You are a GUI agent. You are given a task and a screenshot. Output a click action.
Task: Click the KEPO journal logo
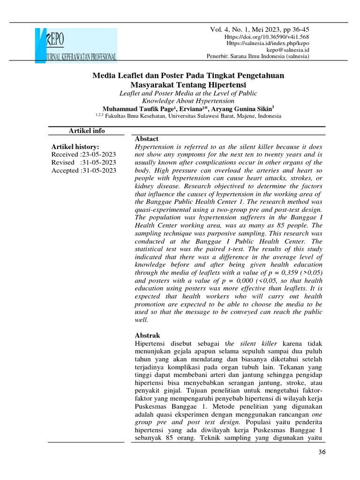click(x=76, y=45)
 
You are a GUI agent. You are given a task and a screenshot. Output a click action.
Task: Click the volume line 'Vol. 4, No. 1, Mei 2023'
click(x=259, y=30)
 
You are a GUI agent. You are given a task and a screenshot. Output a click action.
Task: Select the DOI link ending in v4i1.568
click(x=267, y=37)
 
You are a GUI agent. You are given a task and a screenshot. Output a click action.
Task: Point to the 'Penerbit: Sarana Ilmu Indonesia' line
click(x=258, y=56)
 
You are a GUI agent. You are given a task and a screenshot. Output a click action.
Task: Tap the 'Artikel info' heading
click(x=87, y=131)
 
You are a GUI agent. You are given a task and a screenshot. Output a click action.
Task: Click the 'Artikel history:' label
click(x=75, y=147)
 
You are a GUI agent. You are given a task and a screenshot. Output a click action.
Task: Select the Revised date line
click(x=84, y=163)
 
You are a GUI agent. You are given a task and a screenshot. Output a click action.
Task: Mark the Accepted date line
click(x=84, y=171)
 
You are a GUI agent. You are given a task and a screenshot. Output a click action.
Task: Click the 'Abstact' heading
click(x=147, y=139)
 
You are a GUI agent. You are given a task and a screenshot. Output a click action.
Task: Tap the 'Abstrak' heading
click(x=147, y=336)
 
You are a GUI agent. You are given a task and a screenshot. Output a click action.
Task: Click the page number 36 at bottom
click(x=322, y=452)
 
